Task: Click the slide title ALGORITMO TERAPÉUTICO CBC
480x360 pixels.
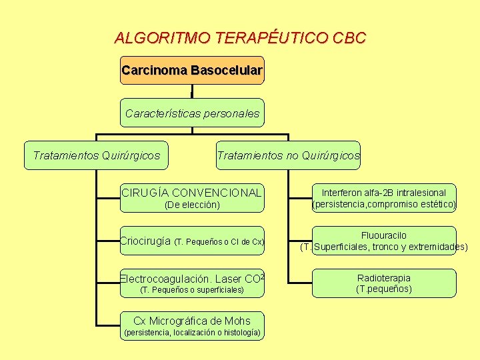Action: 240,38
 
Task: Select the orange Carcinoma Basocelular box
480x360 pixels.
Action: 192,70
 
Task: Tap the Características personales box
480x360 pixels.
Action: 192,113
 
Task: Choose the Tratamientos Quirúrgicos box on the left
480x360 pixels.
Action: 97,155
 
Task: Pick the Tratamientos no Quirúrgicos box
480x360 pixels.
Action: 288,155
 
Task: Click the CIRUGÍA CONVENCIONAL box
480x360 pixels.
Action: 192,198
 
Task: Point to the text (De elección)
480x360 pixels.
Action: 192,205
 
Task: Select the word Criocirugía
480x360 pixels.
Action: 145,241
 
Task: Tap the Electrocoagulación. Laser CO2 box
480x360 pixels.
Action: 192,283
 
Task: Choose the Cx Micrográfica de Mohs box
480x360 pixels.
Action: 192,326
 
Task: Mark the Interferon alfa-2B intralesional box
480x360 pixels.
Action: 384,198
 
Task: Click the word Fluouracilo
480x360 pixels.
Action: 384,235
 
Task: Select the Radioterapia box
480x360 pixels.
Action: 384,283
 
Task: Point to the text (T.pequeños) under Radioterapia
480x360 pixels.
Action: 384,289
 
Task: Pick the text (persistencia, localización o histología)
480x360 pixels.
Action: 192,332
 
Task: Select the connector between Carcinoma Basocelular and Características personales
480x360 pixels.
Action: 192,91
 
